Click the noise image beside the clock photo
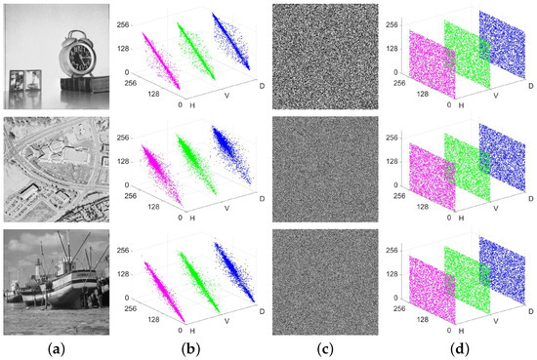(323, 55)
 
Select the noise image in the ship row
(323, 281)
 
